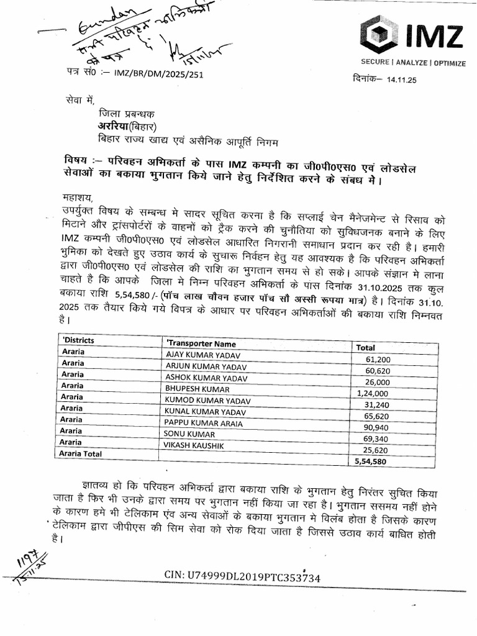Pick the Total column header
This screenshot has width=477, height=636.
point(365,348)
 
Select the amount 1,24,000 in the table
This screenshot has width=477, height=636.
point(373,393)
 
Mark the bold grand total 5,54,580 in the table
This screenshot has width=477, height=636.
point(370,461)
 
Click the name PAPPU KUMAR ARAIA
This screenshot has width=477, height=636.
point(202,422)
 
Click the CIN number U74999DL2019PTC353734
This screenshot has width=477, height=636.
point(242,577)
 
